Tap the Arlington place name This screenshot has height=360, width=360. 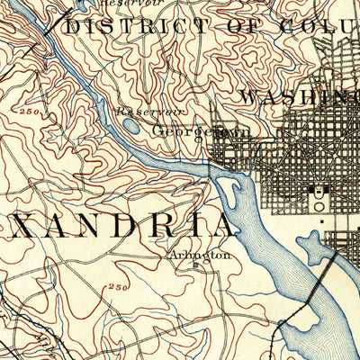pos(193,255)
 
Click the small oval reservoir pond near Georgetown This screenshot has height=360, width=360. pos(130,127)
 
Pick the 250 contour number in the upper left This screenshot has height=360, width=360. pos(26,111)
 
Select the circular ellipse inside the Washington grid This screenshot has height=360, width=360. pos(316,192)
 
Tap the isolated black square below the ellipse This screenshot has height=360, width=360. pos(322,218)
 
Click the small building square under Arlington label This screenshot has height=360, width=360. pos(193,265)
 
